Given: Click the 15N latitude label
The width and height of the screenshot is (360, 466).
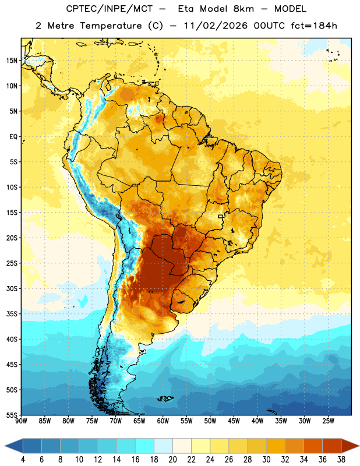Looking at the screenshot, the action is (x=12, y=61).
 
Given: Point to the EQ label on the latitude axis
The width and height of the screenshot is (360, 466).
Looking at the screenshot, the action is (x=13, y=137).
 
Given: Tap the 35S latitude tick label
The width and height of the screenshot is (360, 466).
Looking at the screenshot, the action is (x=12, y=314).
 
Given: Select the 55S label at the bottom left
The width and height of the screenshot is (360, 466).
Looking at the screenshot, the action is (x=12, y=415).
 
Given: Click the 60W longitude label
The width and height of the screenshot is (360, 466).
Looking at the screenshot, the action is (x=163, y=421).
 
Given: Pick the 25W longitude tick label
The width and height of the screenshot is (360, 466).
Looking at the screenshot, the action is (x=328, y=421).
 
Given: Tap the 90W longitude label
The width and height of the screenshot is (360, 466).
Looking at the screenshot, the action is (x=21, y=421).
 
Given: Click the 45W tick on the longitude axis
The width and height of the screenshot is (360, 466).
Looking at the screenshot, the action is (x=234, y=421).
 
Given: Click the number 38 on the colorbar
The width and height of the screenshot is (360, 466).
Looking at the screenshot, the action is (x=341, y=460).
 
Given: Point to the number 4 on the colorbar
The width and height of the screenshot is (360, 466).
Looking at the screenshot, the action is (x=23, y=460).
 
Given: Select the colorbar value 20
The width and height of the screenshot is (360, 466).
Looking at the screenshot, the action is (x=172, y=460).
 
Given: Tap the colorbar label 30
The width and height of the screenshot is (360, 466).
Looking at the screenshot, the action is (x=266, y=460).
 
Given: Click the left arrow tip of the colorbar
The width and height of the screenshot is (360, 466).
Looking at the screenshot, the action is (x=5, y=446).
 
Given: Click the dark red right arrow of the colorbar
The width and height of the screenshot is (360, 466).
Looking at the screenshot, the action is (x=350, y=446).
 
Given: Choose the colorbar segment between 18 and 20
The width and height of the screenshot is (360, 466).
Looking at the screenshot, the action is (x=163, y=446).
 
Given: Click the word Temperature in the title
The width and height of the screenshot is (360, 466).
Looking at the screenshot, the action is (x=111, y=26).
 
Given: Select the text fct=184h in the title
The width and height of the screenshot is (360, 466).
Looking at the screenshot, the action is (x=314, y=26).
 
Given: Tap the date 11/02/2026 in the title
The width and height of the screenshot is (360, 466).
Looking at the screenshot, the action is (x=216, y=26).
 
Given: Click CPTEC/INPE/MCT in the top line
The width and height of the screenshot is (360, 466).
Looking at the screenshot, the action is (x=110, y=9).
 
